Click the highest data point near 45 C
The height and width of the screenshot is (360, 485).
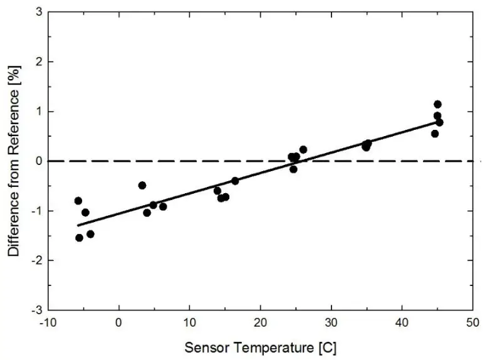coord(437,104)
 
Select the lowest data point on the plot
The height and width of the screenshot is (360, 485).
coord(79,238)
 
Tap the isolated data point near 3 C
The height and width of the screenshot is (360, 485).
coord(142,185)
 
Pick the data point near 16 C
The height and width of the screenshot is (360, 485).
coord(235,181)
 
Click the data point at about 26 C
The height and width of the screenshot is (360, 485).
coord(303,149)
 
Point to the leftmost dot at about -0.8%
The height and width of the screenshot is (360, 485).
coord(78,201)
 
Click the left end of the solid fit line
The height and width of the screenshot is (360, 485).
coord(78,225)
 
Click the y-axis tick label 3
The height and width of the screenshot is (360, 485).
coord(38,12)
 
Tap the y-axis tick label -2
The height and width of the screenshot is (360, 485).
coord(36,260)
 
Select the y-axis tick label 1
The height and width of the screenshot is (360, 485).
coord(38,112)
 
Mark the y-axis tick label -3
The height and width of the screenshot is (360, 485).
coord(36,310)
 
